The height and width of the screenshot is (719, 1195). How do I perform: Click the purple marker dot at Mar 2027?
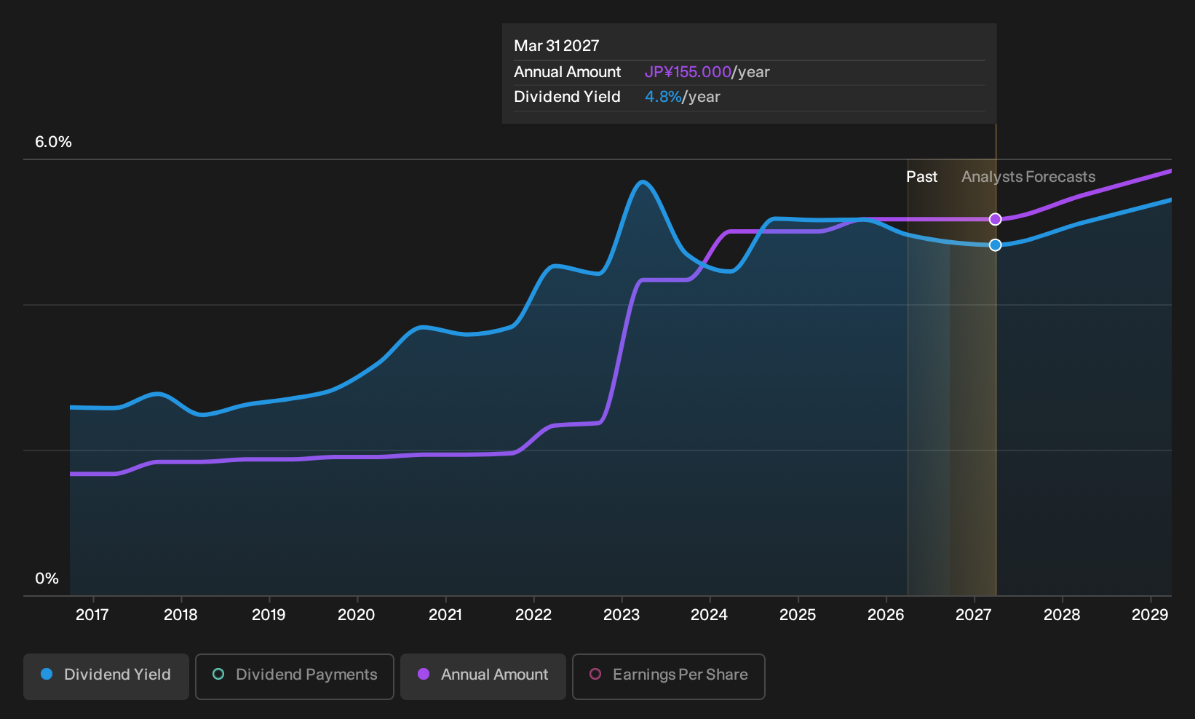click(995, 219)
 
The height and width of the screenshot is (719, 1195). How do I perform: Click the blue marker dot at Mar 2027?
click(995, 245)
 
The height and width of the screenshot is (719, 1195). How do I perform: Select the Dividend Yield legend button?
click(106, 676)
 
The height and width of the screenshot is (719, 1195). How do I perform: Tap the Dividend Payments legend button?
click(295, 676)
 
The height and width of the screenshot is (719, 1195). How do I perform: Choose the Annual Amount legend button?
click(483, 676)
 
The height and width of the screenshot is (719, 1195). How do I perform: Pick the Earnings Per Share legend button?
click(668, 676)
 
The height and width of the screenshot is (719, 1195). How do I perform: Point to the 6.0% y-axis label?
click(53, 142)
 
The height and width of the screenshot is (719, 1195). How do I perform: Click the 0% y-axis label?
click(47, 579)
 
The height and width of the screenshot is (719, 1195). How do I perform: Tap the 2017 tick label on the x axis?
click(92, 614)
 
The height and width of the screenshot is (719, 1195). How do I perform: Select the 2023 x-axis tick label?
click(622, 614)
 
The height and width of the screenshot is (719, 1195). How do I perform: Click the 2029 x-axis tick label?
click(1150, 614)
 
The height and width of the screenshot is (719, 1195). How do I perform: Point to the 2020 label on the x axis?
click(357, 614)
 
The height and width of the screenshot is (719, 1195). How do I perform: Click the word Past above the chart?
click(922, 177)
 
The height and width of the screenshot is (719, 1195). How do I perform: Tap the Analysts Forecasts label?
click(1028, 177)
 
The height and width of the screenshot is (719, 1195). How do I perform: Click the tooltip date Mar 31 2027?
click(557, 45)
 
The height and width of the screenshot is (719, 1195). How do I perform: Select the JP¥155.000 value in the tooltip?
click(688, 71)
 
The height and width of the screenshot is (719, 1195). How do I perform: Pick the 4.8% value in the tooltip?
click(663, 97)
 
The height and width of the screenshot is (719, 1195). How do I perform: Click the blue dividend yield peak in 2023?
click(643, 183)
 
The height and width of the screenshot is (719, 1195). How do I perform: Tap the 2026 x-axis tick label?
click(886, 614)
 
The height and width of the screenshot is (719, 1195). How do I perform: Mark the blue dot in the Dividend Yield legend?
click(47, 674)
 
